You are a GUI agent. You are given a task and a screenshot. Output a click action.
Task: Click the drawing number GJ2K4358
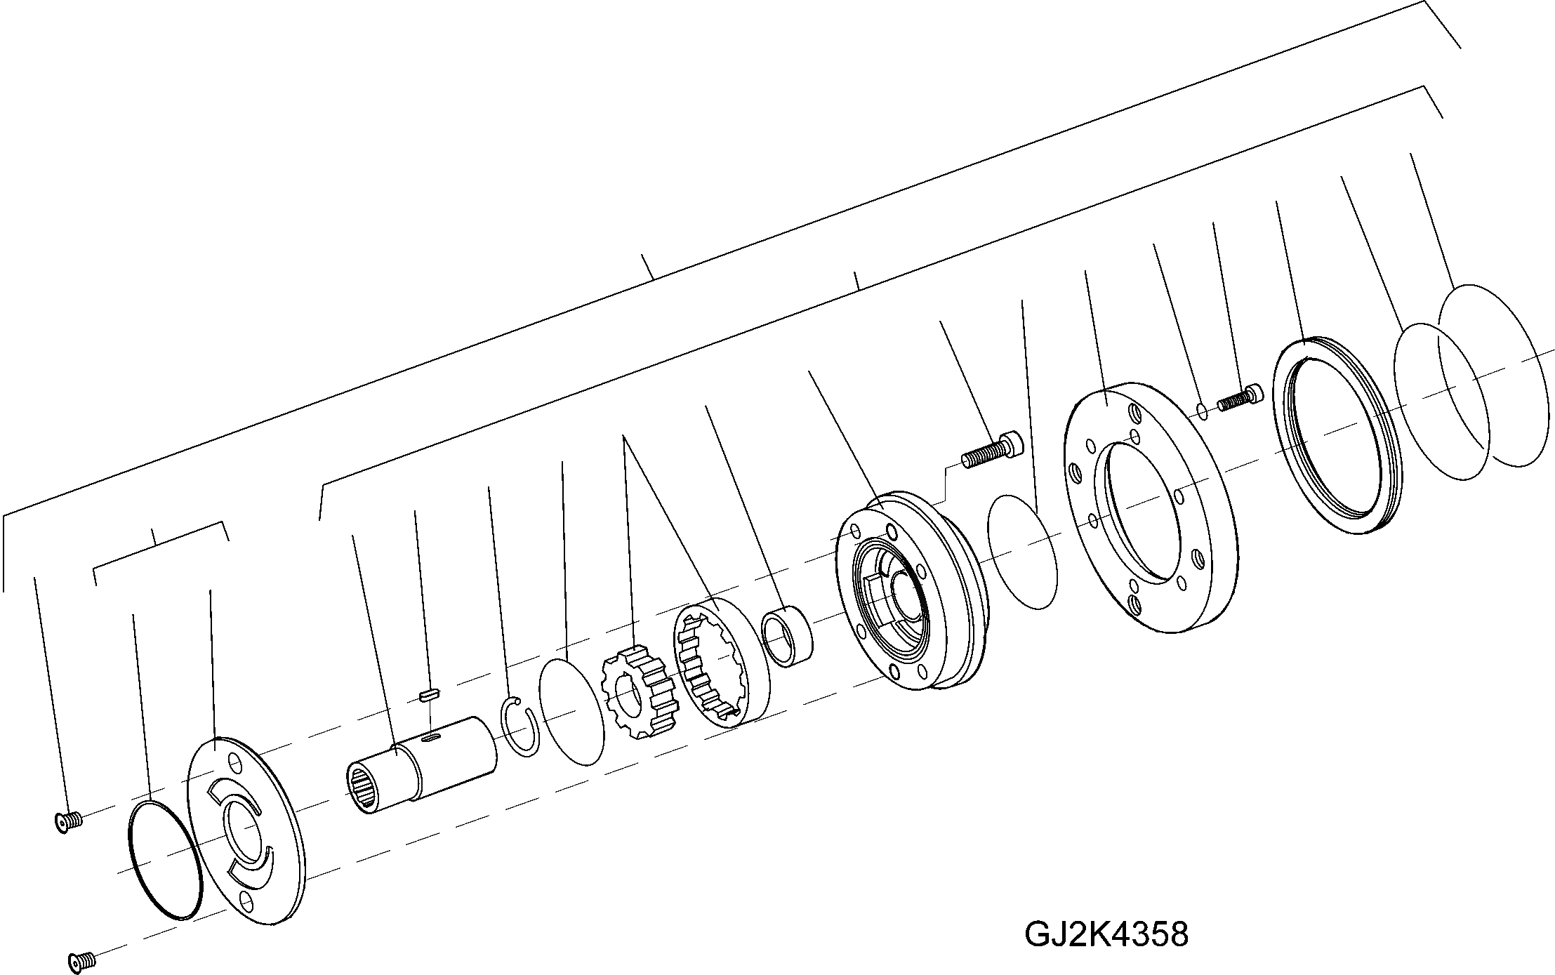pos(1106,934)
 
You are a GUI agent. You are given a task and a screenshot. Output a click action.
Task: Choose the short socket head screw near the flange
pos(1239,397)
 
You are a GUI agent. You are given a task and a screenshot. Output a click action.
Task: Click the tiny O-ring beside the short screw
pos(1202,410)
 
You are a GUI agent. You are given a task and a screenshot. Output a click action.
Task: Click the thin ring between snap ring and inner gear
pos(571,712)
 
